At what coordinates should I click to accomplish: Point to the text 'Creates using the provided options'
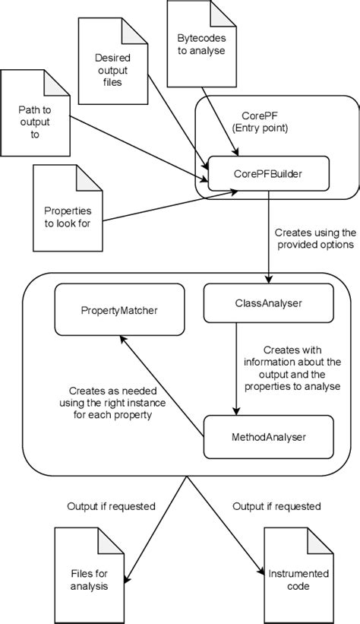(x=314, y=239)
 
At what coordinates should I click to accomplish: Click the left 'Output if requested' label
(x=111, y=505)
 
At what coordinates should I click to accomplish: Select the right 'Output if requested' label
(x=276, y=505)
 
